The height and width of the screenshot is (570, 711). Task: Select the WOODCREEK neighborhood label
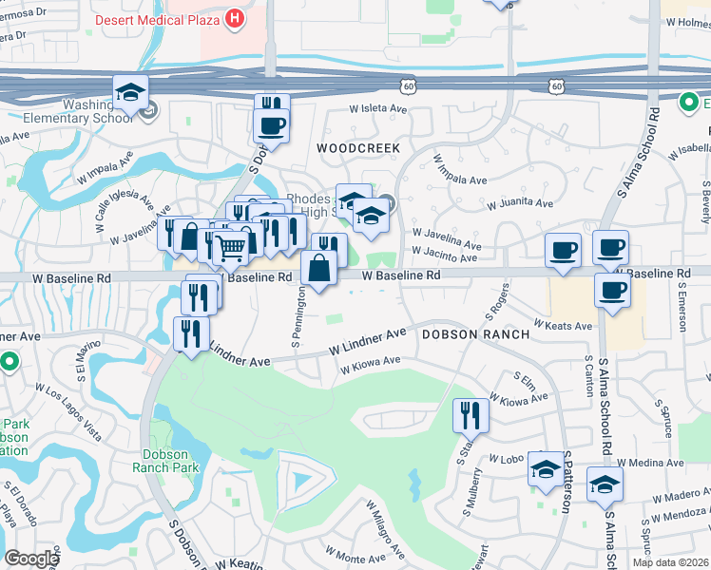[358, 148]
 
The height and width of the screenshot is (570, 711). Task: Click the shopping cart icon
[230, 249]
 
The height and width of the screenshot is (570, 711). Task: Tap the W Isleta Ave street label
[375, 108]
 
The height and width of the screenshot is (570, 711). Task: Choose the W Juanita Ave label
[519, 203]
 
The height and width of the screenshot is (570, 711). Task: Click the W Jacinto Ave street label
[444, 257]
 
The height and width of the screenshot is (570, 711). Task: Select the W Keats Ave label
[563, 325]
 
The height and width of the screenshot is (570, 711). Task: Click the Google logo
[31, 559]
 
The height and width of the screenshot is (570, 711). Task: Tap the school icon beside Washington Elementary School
[131, 93]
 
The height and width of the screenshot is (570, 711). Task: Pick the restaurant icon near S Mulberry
[471, 414]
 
